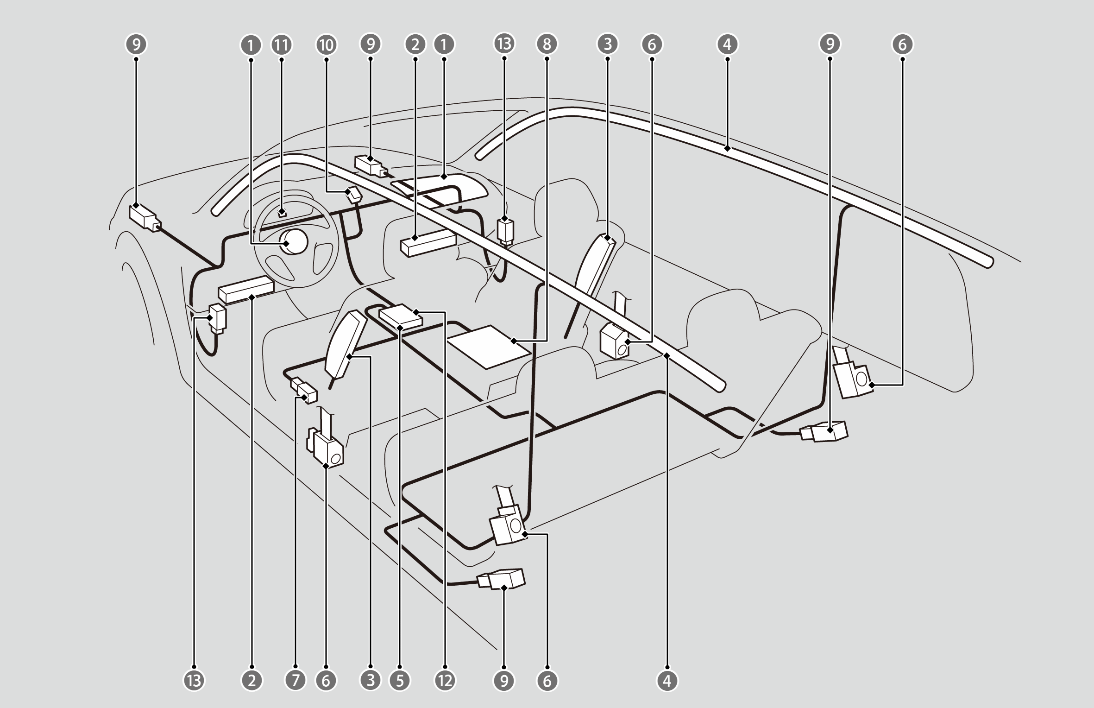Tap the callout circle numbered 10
pyautogui.click(x=327, y=44)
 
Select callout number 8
pyautogui.click(x=547, y=44)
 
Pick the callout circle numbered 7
pyautogui.click(x=296, y=681)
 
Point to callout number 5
pyautogui.click(x=401, y=681)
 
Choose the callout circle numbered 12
pyautogui.click(x=445, y=681)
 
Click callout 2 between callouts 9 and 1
pyautogui.click(x=415, y=44)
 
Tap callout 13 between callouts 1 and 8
pyautogui.click(x=504, y=44)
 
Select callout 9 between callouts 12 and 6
pyautogui.click(x=504, y=681)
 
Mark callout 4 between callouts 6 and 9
pyautogui.click(x=727, y=44)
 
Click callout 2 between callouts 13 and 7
pyautogui.click(x=252, y=681)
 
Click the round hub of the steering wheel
pyautogui.click(x=296, y=241)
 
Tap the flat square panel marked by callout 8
pyautogui.click(x=489, y=347)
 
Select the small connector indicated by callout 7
pyautogui.click(x=304, y=390)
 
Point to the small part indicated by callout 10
pyautogui.click(x=355, y=195)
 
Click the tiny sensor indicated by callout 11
pyautogui.click(x=282, y=213)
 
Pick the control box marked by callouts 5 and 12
pyautogui.click(x=401, y=316)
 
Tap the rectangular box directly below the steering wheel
pyautogui.click(x=245, y=290)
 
